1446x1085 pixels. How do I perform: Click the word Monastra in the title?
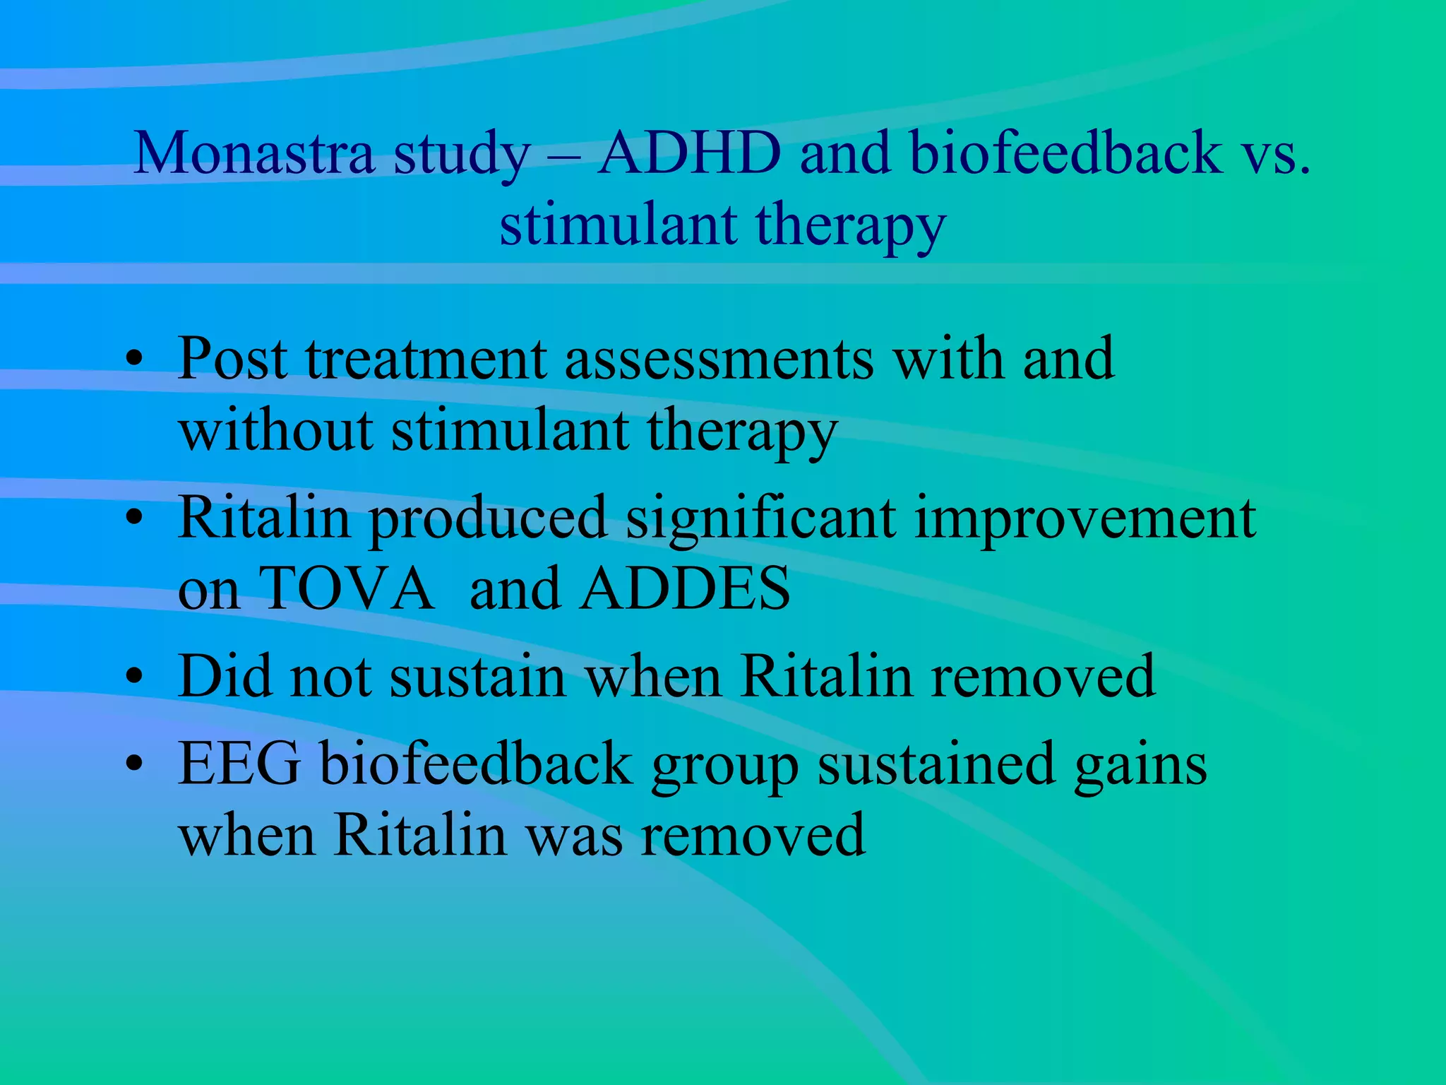point(253,153)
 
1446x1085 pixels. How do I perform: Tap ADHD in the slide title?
point(689,153)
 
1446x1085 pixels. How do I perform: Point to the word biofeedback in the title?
point(1065,153)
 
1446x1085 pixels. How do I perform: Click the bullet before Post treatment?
point(134,360)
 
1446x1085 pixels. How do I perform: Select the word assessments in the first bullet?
point(719,360)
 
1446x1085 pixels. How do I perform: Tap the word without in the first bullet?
point(275,430)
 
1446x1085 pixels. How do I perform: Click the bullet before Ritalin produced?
point(134,518)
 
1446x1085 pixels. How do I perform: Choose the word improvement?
point(1084,518)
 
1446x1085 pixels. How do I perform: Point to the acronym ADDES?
point(685,589)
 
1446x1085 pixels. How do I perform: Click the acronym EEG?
point(239,764)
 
